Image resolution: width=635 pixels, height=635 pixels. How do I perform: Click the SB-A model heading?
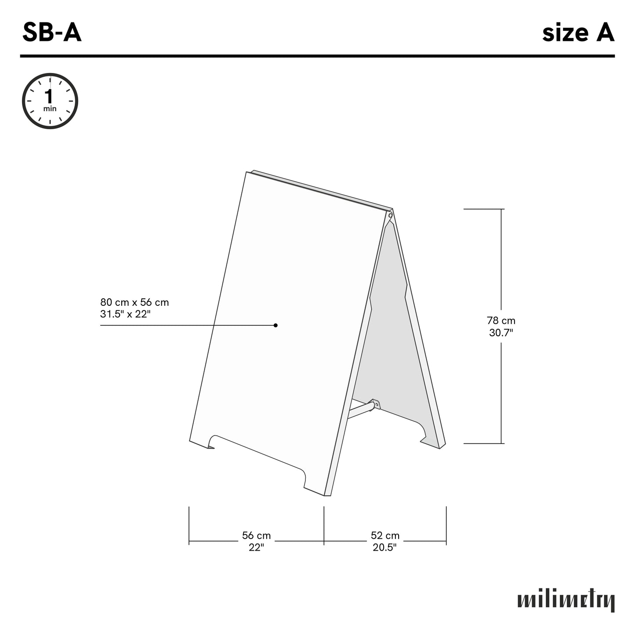pyautogui.click(x=52, y=33)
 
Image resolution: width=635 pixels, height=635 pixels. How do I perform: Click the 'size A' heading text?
pyautogui.click(x=577, y=33)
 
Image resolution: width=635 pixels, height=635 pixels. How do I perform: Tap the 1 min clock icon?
pyautogui.click(x=50, y=101)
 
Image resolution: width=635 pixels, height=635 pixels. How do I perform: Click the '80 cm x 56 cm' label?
pyautogui.click(x=134, y=302)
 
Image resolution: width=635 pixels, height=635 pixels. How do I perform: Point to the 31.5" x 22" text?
pyautogui.click(x=125, y=314)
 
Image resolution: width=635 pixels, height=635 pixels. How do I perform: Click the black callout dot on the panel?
pyautogui.click(x=276, y=325)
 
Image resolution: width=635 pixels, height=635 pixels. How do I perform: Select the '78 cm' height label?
pyautogui.click(x=501, y=321)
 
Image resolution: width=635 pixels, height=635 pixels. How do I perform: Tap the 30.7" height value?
pyautogui.click(x=501, y=333)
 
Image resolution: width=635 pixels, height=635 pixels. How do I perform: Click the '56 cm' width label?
pyautogui.click(x=256, y=536)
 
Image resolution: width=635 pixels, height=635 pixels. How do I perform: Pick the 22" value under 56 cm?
pyautogui.click(x=256, y=547)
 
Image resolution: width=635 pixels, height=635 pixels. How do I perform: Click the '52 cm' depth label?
pyautogui.click(x=385, y=536)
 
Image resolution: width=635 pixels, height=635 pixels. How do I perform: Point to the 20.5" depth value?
pyautogui.click(x=385, y=547)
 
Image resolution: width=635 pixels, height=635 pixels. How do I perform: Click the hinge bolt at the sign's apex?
pyautogui.click(x=390, y=215)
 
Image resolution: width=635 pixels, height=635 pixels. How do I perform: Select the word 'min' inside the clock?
pyautogui.click(x=50, y=109)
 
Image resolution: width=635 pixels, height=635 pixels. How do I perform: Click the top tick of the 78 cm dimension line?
pyautogui.click(x=501, y=209)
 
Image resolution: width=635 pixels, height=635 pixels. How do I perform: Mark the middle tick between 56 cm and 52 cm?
pyautogui.click(x=324, y=525)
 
